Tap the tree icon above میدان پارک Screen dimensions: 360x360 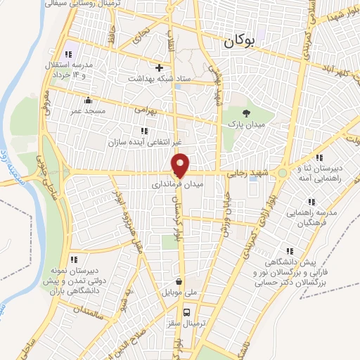245,112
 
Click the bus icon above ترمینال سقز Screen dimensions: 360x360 186,311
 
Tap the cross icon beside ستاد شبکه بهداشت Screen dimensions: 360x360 160,68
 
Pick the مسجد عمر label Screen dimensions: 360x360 87,110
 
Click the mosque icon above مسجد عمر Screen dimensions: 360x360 87,100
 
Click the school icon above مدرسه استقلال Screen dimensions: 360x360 67,55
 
